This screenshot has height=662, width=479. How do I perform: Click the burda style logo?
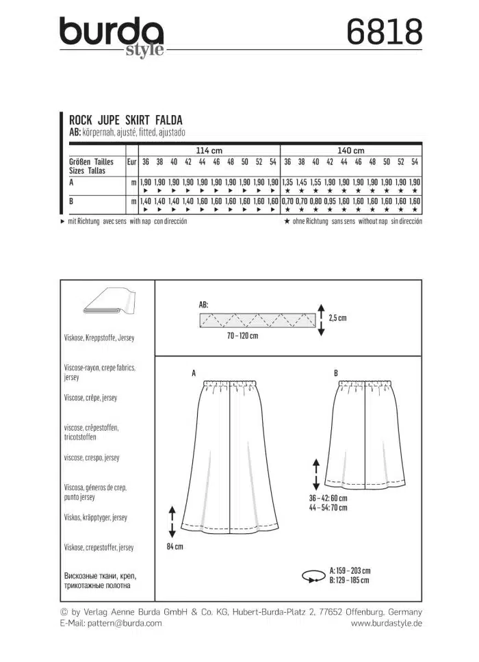[x=112, y=36]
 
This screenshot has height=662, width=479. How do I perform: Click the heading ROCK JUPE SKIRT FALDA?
[x=126, y=118]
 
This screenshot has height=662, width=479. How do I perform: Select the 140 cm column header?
[x=351, y=150]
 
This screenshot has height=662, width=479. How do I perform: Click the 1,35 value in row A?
[x=287, y=183]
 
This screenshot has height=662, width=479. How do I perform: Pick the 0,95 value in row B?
[x=330, y=202]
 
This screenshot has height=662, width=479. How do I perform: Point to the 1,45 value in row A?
[x=302, y=183]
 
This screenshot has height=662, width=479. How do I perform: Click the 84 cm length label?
[x=174, y=547]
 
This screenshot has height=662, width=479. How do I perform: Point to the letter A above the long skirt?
[x=194, y=374]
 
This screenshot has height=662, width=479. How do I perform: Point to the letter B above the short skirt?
[x=336, y=373]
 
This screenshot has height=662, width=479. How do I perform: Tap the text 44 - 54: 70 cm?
[x=328, y=509]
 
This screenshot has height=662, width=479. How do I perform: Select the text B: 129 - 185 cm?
[x=350, y=580]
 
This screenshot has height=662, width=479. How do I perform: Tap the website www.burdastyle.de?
[x=386, y=623]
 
